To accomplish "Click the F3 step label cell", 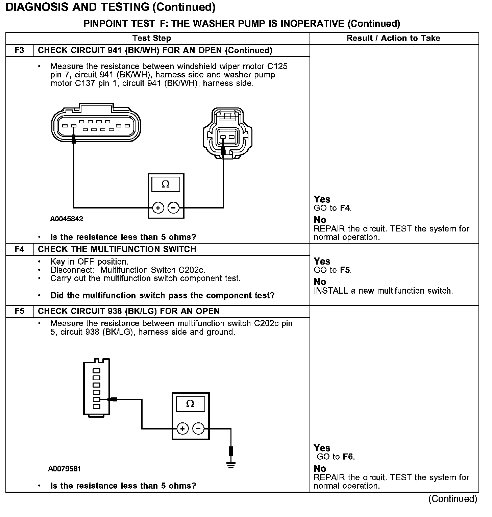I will (20, 50).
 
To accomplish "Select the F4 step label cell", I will (20, 249).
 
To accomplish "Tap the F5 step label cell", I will (20, 311).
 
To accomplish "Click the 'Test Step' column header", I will (151, 38).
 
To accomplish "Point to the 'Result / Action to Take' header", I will (393, 38).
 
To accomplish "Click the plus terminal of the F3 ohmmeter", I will (158, 208).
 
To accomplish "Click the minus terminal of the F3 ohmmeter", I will (173, 208).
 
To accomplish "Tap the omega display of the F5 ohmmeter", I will (190, 404).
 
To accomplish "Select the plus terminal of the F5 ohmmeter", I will (182, 429).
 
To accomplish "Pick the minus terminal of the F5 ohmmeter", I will (198, 429).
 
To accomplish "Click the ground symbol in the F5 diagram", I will (231, 465).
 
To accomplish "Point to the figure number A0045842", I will (67, 219).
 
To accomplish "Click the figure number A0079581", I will (64, 469).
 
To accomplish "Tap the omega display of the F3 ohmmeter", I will (166, 184).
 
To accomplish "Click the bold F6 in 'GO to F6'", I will (348, 457).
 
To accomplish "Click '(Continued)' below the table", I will (452, 499).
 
